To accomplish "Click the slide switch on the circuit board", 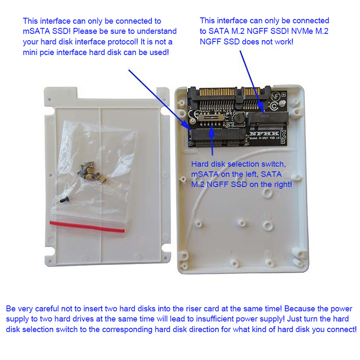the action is pyautogui.click(x=211, y=118).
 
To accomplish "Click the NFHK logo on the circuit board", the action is pyautogui.click(x=264, y=134).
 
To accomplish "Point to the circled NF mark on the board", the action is pyautogui.click(x=275, y=97).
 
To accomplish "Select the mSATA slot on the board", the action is pyautogui.click(x=219, y=137).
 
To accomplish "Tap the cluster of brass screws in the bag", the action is pyautogui.click(x=91, y=171).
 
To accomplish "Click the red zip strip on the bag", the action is pyautogui.click(x=87, y=227).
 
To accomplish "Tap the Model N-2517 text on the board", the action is pyautogui.click(x=265, y=138).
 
